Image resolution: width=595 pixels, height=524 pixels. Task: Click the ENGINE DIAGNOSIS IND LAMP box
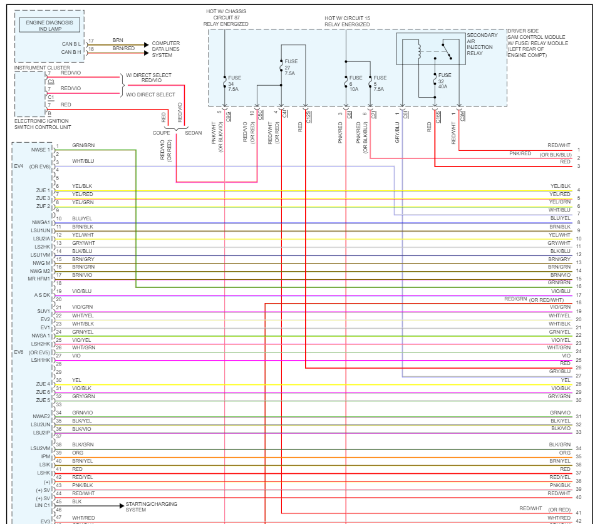(49, 25)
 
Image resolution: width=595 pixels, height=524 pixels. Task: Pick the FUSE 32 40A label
(444, 81)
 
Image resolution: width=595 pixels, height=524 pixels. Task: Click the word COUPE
(162, 133)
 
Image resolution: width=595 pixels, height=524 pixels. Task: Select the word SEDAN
(194, 133)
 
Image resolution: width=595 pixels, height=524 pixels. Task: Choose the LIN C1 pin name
(42, 505)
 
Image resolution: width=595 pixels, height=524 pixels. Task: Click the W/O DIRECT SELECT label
(150, 94)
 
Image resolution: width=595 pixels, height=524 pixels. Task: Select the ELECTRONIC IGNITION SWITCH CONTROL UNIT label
(41, 123)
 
